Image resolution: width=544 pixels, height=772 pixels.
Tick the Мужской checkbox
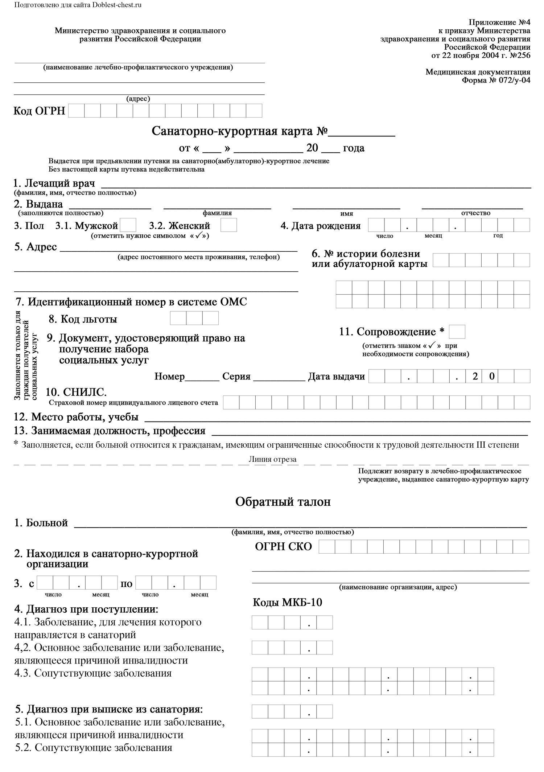coord(128,225)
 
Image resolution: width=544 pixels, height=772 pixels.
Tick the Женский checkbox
coord(228,225)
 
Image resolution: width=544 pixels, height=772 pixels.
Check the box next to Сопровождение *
coord(457,332)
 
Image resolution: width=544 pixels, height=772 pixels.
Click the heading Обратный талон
coord(283,502)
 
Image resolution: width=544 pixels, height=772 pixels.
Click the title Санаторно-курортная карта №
coord(239,131)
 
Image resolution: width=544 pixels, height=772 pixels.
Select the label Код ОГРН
coord(39,111)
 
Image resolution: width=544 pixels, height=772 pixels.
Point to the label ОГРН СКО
coord(283,546)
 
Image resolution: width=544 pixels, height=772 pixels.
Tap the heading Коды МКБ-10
coord(287,603)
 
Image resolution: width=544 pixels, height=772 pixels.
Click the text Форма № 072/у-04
coord(496,80)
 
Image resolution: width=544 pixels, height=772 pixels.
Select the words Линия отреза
coord(272,459)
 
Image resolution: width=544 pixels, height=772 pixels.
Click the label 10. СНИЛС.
coord(76,392)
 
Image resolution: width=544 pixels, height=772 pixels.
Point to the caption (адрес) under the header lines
coord(138,99)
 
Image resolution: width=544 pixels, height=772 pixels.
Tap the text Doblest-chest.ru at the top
coord(117,5)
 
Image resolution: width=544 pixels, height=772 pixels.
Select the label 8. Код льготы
coord(83,319)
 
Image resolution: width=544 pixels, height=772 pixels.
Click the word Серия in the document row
coord(236,376)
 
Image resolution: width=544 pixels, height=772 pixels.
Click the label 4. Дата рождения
coord(321,226)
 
